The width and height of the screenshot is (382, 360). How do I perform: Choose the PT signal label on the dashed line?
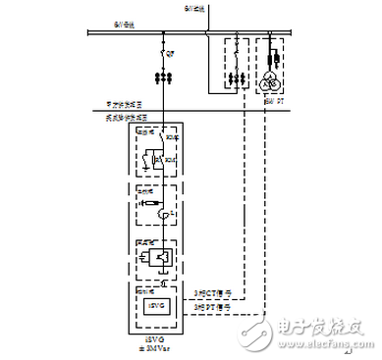click(208, 308)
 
